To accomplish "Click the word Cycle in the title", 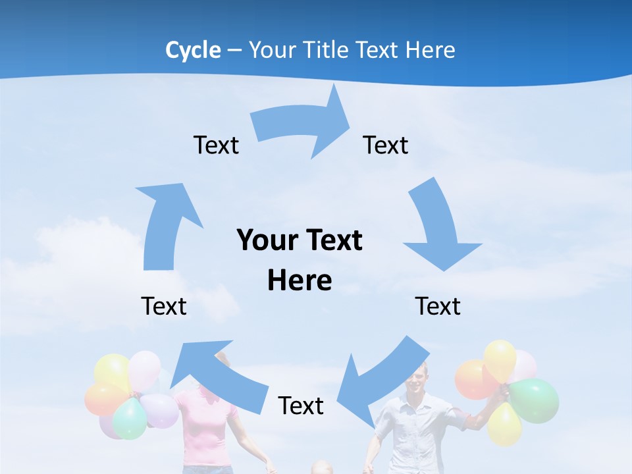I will coord(193,50).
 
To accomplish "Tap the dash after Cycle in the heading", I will coord(234,51).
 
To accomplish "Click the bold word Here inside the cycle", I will coord(300,280).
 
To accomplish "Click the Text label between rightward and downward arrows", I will coord(386,145).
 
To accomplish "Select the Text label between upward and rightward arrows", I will coord(216,145).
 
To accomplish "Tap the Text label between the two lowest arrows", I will coord(301,406).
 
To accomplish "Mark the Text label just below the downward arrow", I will coord(438,306).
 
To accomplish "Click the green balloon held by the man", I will coord(535,400).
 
